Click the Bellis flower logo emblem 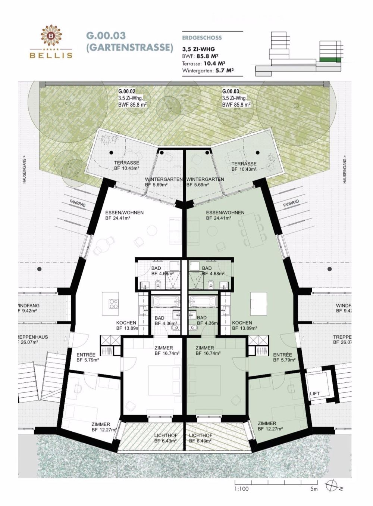(x=51, y=35)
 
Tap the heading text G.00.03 (x=106, y=36)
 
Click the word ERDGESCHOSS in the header (x=202, y=38)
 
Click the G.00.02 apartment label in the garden (x=127, y=91)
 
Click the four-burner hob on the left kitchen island (x=113, y=304)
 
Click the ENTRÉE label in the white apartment (x=86, y=355)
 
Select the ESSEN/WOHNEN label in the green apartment (x=225, y=212)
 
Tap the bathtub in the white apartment (x=166, y=301)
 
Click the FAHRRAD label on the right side (x=291, y=203)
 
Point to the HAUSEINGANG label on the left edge (x=24, y=169)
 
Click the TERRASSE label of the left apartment (x=126, y=163)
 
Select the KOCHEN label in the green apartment (x=242, y=323)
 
